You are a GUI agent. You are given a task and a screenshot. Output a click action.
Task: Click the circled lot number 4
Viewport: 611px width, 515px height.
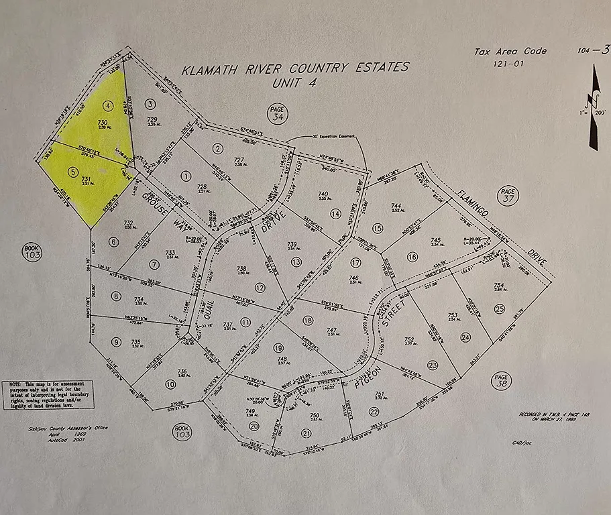coord(107,105)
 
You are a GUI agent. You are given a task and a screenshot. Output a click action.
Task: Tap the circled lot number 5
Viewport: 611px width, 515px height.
coord(74,171)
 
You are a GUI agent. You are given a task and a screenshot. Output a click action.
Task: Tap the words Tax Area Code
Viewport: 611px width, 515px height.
coord(510,51)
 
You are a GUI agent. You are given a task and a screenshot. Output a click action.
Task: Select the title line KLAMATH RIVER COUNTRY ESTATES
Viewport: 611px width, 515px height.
coord(295,68)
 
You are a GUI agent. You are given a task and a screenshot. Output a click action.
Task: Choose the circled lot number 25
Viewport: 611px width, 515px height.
coord(499,308)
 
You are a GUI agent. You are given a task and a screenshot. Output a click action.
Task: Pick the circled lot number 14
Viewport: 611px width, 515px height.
coord(335,213)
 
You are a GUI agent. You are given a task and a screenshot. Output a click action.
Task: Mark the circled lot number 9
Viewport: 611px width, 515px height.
coord(116,342)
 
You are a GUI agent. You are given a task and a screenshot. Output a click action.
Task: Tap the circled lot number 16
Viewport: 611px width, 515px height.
coord(412,256)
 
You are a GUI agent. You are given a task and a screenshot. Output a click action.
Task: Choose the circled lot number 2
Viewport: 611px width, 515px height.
coord(217,148)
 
